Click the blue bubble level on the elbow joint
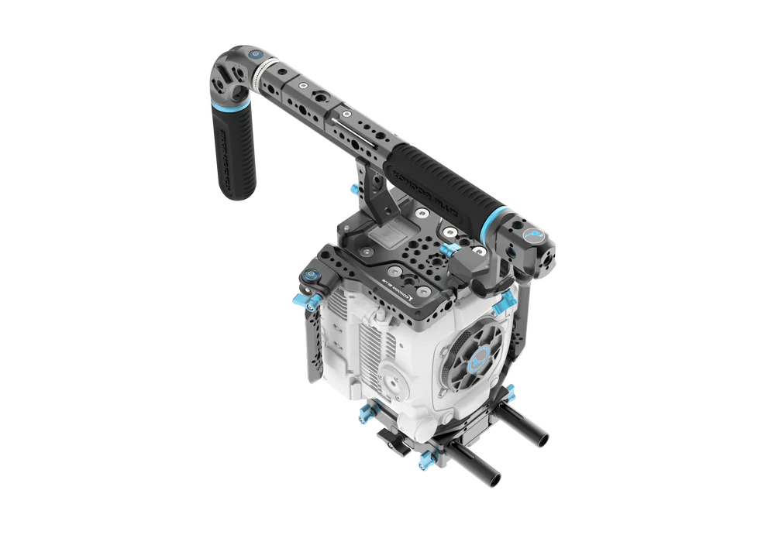[255, 56]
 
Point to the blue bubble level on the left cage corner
[311, 274]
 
